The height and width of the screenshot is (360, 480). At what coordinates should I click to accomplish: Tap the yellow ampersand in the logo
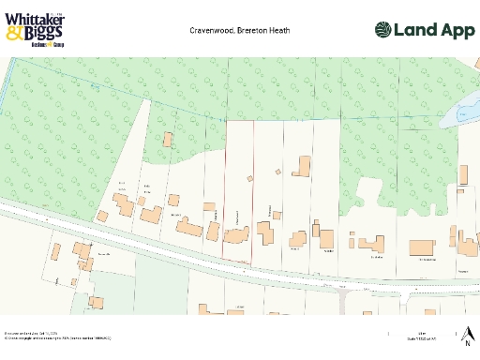pyautogui.click(x=13, y=34)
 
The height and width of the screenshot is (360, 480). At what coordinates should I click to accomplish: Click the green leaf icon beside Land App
pyautogui.click(x=384, y=30)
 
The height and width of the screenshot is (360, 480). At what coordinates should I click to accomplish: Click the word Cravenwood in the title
pyautogui.click(x=210, y=30)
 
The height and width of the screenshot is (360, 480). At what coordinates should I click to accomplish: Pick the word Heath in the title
pyautogui.click(x=279, y=30)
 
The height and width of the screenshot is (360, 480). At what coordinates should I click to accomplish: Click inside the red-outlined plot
pyautogui.click(x=239, y=187)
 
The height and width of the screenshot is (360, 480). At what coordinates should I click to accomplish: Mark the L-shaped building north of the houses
pyautogui.click(x=302, y=167)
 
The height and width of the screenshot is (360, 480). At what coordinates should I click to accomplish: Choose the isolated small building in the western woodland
pyautogui.click(x=168, y=140)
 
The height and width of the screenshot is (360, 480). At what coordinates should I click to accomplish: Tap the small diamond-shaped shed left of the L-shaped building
pyautogui.click(x=278, y=172)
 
